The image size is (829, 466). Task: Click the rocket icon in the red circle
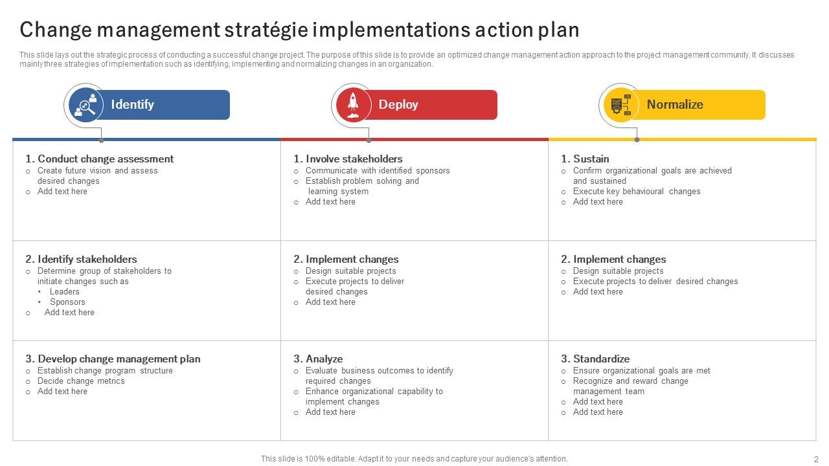click(353, 105)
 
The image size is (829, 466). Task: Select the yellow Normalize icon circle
click(621, 105)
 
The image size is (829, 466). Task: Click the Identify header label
click(132, 105)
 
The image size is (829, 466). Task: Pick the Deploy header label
click(398, 105)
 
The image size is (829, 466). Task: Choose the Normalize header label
click(674, 105)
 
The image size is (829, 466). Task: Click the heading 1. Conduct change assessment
click(99, 159)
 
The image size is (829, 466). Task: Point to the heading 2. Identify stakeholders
click(81, 259)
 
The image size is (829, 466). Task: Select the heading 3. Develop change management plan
click(113, 359)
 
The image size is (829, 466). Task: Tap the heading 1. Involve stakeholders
click(348, 159)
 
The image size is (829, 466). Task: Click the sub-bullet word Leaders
click(65, 292)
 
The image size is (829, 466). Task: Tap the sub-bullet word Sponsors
click(67, 302)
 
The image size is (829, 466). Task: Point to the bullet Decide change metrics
click(81, 381)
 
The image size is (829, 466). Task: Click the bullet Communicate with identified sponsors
click(378, 171)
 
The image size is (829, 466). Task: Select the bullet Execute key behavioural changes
click(637, 192)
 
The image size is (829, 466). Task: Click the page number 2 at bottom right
click(816, 458)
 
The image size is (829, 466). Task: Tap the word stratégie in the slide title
click(266, 30)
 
